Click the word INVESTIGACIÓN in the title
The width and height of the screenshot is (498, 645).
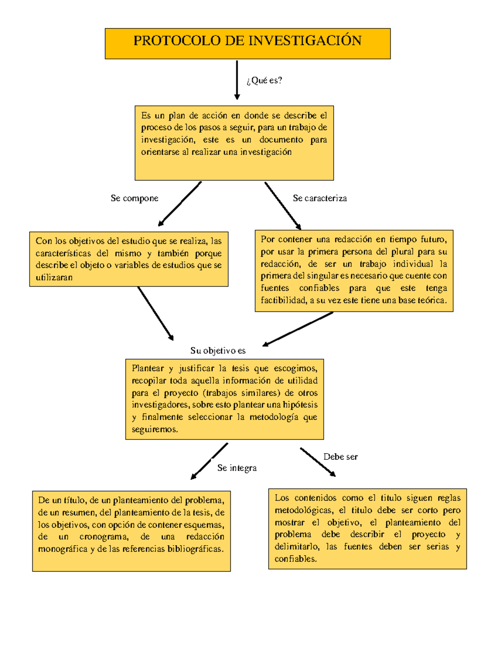[x=305, y=41]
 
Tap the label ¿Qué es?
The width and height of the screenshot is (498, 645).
[x=264, y=80]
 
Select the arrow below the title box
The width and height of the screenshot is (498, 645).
[x=237, y=80]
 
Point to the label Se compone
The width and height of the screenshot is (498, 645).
[x=134, y=199]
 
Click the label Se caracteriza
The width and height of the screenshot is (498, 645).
[x=320, y=199]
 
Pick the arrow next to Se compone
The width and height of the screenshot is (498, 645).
[x=180, y=204]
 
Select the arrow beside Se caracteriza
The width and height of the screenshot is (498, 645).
[x=283, y=205]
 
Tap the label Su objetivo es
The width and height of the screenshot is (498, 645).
[x=218, y=351]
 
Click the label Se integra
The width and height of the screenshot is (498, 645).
[x=237, y=468]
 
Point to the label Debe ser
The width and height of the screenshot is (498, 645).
[x=340, y=457]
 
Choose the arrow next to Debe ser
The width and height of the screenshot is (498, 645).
[x=317, y=461]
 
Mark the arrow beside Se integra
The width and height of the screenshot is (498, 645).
[x=209, y=461]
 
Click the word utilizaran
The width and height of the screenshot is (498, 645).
[x=54, y=277]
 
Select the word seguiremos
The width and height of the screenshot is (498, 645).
[x=155, y=429]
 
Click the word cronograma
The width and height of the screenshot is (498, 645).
[x=104, y=537]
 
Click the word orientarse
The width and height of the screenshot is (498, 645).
[x=160, y=152]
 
